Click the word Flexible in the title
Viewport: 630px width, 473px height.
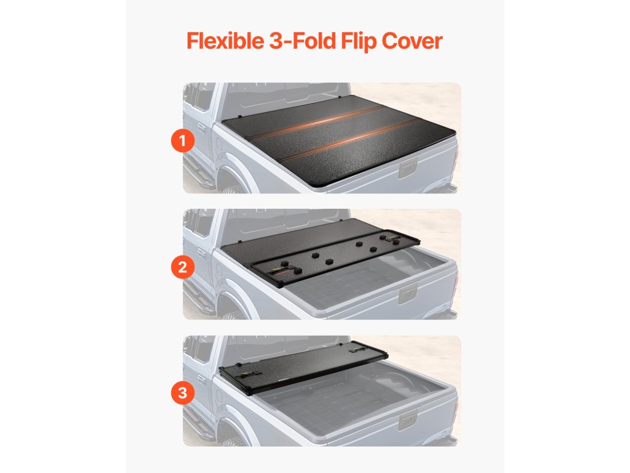click(225, 41)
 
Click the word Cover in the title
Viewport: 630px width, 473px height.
click(412, 41)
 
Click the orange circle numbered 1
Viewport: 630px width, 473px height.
click(183, 141)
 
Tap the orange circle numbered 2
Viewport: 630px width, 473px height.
click(183, 267)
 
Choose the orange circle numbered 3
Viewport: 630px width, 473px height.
click(183, 392)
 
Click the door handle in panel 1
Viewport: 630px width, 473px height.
click(201, 128)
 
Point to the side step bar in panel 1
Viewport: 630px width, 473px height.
click(197, 171)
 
